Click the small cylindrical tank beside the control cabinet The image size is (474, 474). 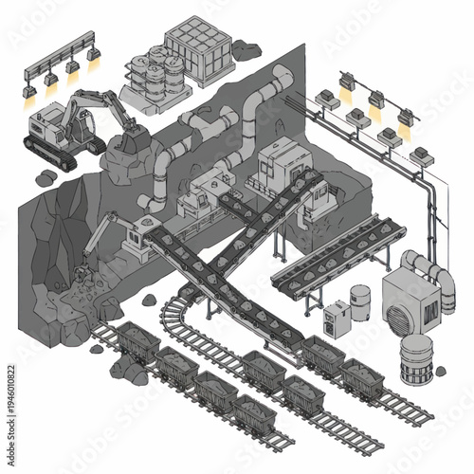coord(359,304)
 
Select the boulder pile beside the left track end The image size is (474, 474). coord(127,371)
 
